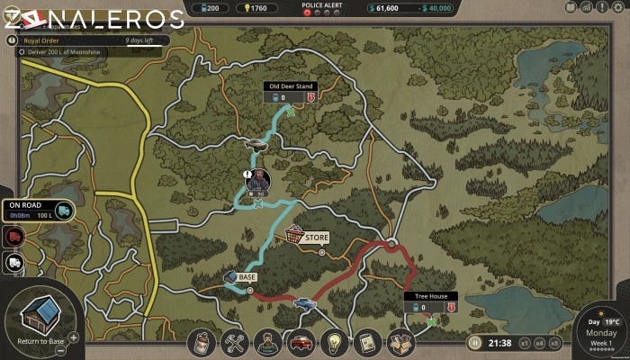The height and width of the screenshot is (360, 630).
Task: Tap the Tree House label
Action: tap(430, 296)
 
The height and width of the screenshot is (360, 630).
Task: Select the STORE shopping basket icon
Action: tap(294, 236)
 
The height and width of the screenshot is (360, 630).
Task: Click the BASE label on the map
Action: tap(247, 278)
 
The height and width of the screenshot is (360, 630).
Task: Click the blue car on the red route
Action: tap(304, 303)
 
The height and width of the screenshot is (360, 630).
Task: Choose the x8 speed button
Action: tap(553, 342)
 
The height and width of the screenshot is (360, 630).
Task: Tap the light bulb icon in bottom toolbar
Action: tap(333, 343)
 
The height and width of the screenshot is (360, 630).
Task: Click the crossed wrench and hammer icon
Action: tap(234, 343)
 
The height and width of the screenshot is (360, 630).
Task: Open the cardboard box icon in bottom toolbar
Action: tap(400, 343)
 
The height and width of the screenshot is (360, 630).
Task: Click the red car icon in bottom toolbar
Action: tap(300, 343)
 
